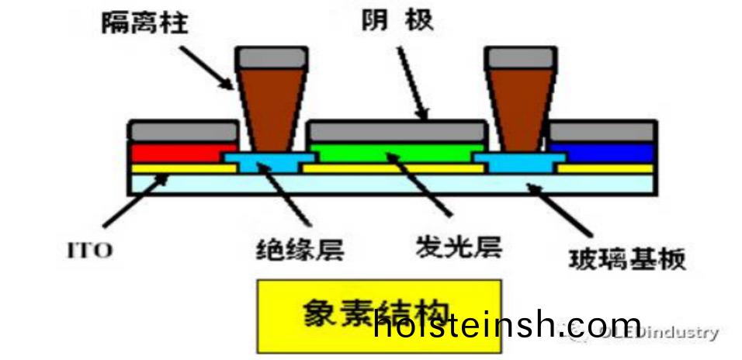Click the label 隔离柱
click(x=144, y=22)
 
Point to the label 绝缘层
click(x=299, y=249)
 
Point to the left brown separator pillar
click(x=268, y=109)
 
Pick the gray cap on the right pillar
click(x=519, y=56)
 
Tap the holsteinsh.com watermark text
click(x=508, y=326)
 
